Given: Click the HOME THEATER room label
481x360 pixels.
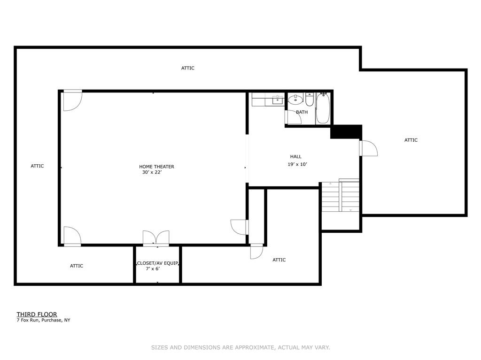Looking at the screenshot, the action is coord(156,167).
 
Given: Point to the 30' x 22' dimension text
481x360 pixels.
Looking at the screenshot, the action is coord(152,172).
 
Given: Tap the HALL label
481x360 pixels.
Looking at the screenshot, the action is coord(296,156).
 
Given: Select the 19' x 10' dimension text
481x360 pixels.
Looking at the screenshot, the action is coord(297,164).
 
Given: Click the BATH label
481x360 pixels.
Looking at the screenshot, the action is coord(302,112).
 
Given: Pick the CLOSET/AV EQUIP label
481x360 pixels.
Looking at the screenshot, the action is coord(157,263).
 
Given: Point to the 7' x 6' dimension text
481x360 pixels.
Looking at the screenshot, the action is coord(153,269).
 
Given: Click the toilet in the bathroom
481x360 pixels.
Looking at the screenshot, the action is coord(310,100).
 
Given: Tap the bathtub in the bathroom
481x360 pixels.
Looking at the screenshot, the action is coord(323,108).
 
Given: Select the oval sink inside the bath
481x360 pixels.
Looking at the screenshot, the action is coord(296,100).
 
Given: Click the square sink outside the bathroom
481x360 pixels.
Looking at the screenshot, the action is coord(278,100).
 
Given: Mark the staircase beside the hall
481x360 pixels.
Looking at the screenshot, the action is coord(340,196).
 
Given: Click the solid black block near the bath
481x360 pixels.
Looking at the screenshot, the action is coord(346,132).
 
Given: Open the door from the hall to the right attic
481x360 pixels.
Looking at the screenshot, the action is coord(368,148).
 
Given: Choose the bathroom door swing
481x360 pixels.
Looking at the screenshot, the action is coord(293,117).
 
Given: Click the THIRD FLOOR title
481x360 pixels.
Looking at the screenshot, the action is coord(37,314).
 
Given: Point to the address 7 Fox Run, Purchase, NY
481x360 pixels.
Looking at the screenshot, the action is coord(43,320).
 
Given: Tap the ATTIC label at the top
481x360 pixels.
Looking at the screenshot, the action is coord(188,68).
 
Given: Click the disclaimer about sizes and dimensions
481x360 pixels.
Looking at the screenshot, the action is coord(240,347).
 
